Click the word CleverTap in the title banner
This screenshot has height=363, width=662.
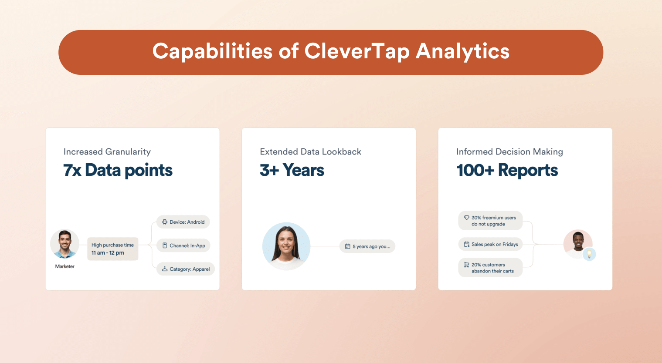356,52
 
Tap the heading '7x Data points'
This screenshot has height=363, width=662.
118,170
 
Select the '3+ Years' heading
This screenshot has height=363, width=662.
292,170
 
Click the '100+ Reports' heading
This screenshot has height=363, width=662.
507,170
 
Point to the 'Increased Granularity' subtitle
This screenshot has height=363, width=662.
107,152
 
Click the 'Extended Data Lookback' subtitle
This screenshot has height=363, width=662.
310,152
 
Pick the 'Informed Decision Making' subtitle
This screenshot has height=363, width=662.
509,152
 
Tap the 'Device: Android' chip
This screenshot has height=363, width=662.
183,222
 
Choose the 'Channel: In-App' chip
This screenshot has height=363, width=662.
183,245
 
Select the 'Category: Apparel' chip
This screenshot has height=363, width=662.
186,269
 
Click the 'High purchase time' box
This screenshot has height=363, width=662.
112,249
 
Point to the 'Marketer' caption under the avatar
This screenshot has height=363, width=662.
65,266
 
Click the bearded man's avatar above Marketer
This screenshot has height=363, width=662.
65,244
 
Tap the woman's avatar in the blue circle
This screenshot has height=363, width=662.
286,246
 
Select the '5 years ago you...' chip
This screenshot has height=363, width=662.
367,246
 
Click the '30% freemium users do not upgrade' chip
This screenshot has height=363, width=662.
490,221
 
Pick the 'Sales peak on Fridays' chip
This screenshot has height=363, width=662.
490,244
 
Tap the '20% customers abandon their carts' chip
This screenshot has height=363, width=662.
490,268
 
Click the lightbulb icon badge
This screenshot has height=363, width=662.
589,254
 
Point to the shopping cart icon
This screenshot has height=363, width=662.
466,265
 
